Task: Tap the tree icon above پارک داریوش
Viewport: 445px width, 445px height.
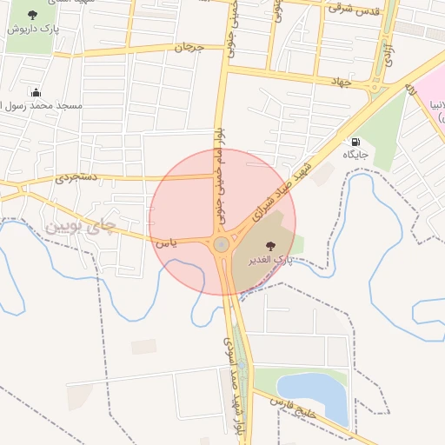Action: pyautogui.click(x=33, y=14)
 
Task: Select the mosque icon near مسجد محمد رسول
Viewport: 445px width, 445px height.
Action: pyautogui.click(x=36, y=92)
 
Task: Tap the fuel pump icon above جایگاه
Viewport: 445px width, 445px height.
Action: pyautogui.click(x=355, y=142)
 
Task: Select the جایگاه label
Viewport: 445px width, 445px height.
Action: pyautogui.click(x=355, y=154)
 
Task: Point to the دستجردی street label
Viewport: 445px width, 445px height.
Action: pyautogui.click(x=77, y=177)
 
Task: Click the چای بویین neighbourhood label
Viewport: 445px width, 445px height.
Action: pyautogui.click(x=79, y=227)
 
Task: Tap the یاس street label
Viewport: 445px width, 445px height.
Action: pyautogui.click(x=166, y=242)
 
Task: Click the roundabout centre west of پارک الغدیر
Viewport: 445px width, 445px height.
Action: pyautogui.click(x=222, y=245)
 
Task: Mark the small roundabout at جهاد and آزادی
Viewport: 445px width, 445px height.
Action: pyautogui.click(x=375, y=87)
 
